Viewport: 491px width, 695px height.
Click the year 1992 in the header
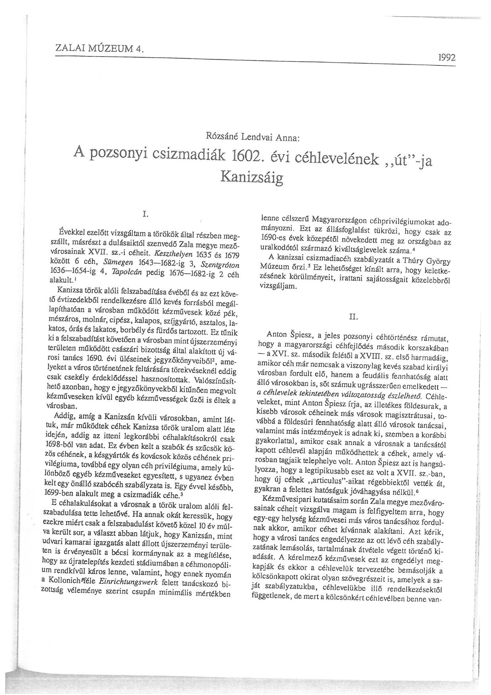[x=447, y=57]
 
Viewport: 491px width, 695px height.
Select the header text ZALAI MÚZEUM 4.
[x=99, y=49]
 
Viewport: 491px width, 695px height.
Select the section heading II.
[x=353, y=317]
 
